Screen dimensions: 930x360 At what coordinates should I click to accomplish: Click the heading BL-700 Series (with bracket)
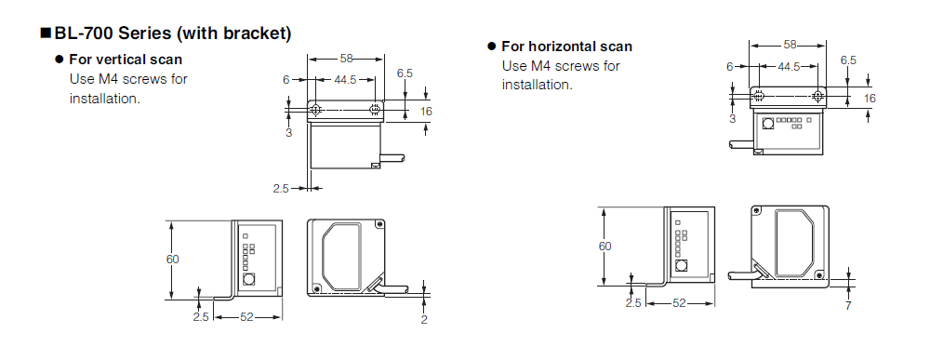[173, 33]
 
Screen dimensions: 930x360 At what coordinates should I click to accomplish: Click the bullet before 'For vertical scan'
[59, 60]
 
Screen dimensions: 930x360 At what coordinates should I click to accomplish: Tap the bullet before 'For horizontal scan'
[491, 47]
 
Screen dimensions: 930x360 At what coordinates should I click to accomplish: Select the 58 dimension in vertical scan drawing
[346, 58]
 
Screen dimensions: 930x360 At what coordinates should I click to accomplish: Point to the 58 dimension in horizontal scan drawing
[790, 45]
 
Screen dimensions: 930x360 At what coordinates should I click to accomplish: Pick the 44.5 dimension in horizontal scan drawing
[789, 66]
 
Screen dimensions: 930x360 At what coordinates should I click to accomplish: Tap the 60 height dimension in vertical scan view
[172, 260]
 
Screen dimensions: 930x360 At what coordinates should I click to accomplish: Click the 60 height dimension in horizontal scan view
[604, 246]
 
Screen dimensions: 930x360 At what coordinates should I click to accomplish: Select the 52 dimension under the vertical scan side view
[246, 317]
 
